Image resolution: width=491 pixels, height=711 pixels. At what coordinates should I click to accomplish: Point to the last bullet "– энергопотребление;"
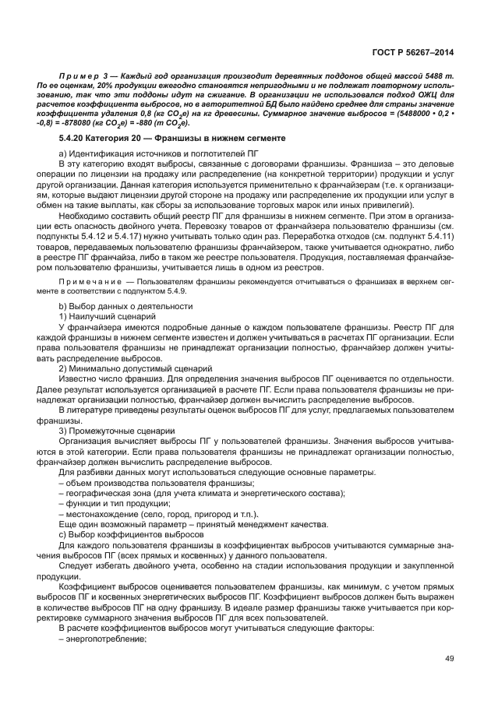(102, 636)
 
